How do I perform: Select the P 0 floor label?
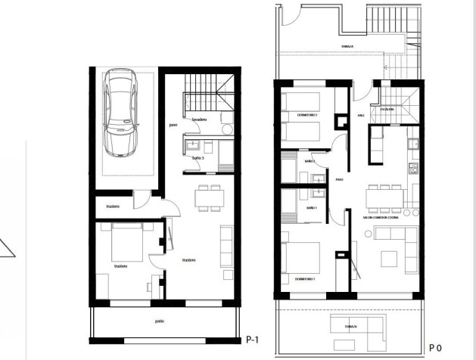[x=435, y=347]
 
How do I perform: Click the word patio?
[x=160, y=321]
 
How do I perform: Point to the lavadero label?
[x=199, y=119]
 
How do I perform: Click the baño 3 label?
[x=198, y=157]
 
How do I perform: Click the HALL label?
[x=362, y=115]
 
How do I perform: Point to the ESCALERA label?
[x=387, y=109]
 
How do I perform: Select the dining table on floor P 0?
[x=384, y=196]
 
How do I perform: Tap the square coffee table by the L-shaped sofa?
[x=387, y=258]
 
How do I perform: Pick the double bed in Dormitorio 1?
[x=301, y=259]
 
